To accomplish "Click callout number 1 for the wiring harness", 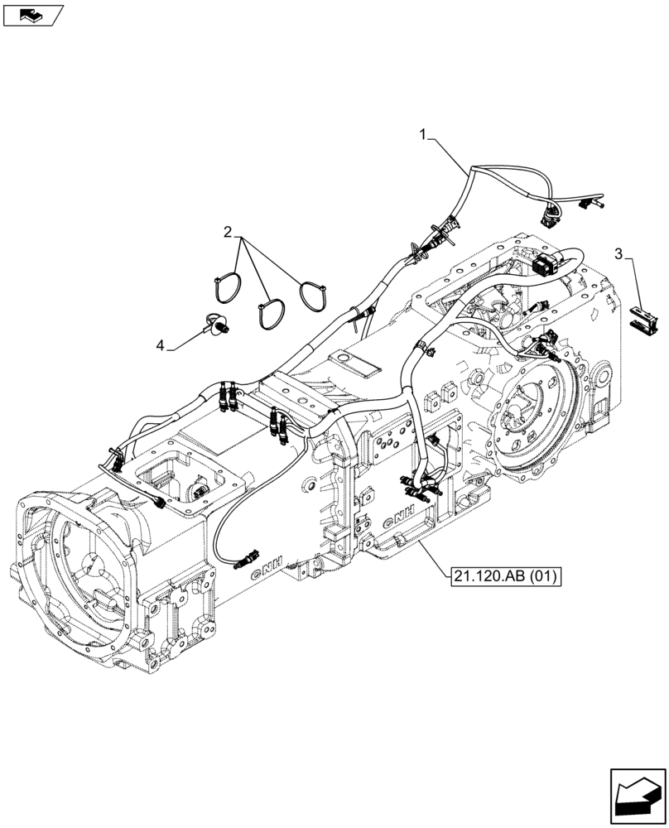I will tap(423, 132).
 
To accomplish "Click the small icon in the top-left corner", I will tap(31, 14).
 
